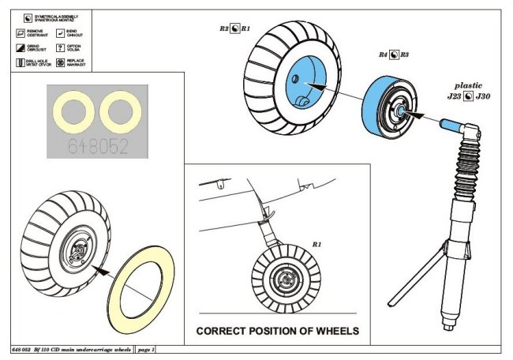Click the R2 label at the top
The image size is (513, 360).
coord(224,28)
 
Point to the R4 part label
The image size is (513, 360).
coord(383,55)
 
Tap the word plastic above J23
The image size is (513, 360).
coord(468,84)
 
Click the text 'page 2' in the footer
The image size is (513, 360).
coord(144,348)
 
